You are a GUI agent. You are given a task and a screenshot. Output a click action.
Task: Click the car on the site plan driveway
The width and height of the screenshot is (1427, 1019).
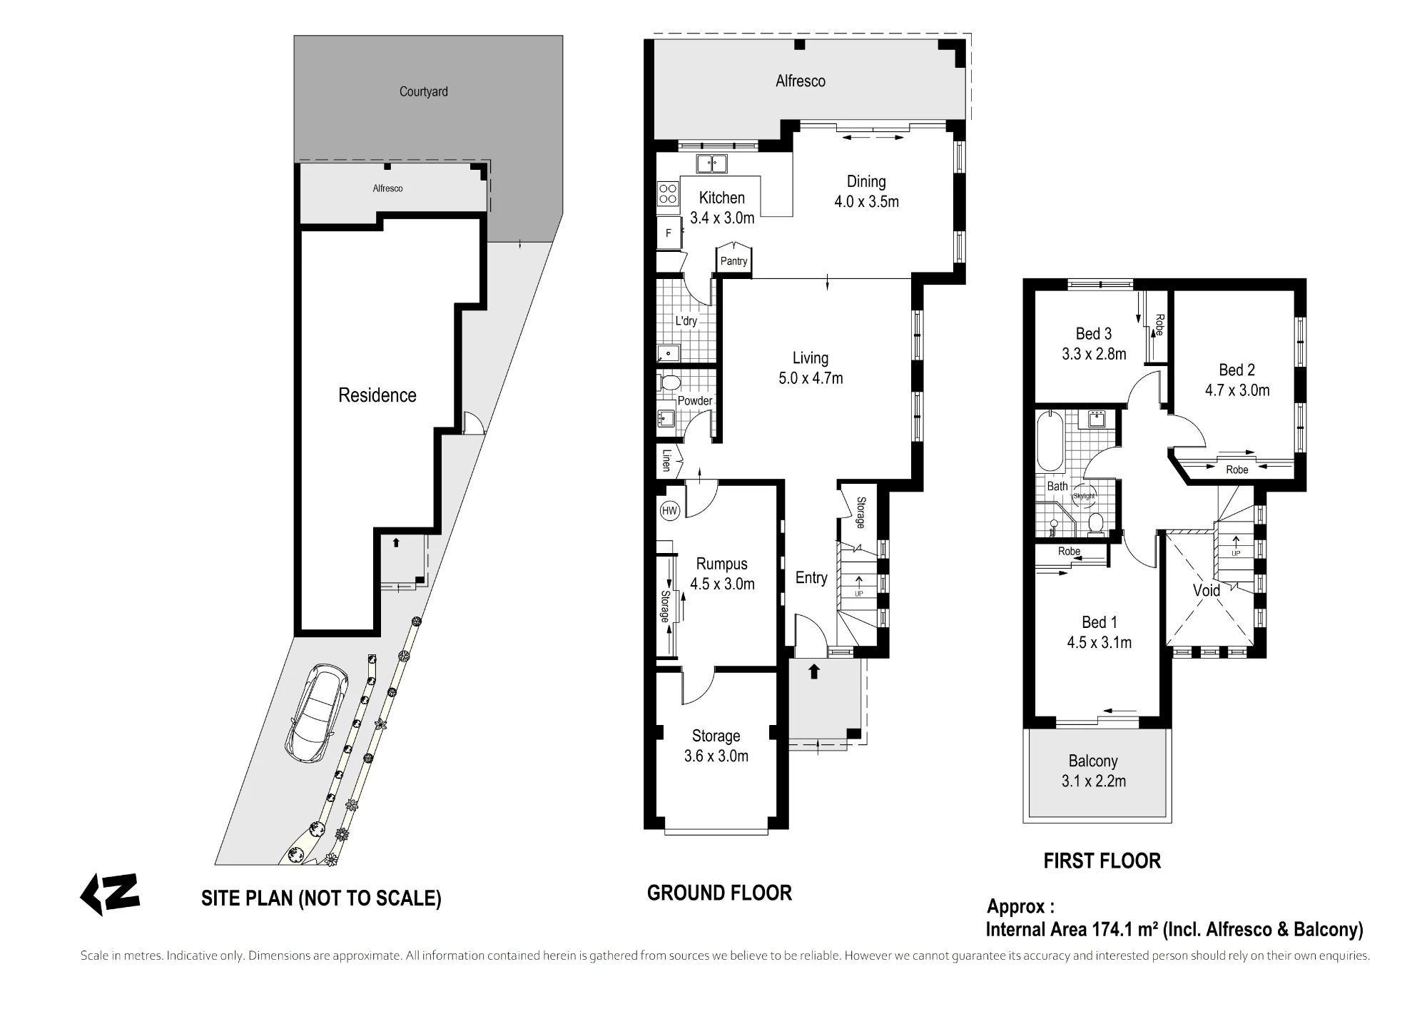tap(317, 714)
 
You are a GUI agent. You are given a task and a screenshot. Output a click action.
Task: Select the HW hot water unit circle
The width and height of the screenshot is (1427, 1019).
tap(669, 510)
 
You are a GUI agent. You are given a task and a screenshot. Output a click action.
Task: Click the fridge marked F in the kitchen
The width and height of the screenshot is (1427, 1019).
tap(668, 233)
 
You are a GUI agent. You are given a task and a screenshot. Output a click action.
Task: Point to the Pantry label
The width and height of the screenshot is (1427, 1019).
tap(733, 261)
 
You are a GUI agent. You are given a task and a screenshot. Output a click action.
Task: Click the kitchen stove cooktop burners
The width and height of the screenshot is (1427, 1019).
tap(668, 194)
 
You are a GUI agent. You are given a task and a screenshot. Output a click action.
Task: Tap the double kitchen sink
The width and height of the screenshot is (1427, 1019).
tap(711, 163)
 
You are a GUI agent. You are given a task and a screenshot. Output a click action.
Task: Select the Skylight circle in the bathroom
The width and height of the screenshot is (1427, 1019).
tap(1083, 497)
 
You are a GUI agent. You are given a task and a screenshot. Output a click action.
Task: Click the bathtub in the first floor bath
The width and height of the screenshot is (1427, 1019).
tap(1049, 441)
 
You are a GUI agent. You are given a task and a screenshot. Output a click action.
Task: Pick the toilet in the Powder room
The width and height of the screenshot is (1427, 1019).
tap(669, 383)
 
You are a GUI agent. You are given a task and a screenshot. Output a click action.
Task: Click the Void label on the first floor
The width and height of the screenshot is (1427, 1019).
tap(1207, 591)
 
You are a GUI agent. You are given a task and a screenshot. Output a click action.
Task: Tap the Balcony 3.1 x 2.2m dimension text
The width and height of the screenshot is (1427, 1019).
tap(1094, 781)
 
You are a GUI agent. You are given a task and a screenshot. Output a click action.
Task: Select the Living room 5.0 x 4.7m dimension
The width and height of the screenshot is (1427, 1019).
tap(811, 378)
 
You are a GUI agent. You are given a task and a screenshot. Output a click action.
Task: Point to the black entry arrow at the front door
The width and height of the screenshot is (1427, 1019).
tap(813, 671)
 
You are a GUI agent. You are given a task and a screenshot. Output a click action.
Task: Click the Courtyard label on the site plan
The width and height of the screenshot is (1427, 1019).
tap(424, 91)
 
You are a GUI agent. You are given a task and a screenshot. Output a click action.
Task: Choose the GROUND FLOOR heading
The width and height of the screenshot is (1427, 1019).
tap(719, 893)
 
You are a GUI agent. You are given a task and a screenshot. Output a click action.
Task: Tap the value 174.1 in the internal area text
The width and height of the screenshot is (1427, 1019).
tap(1114, 929)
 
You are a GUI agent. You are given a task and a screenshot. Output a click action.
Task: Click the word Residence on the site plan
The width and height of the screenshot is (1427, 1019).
tap(377, 395)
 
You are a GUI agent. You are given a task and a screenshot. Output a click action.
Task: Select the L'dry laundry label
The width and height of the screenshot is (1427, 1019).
tap(686, 320)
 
